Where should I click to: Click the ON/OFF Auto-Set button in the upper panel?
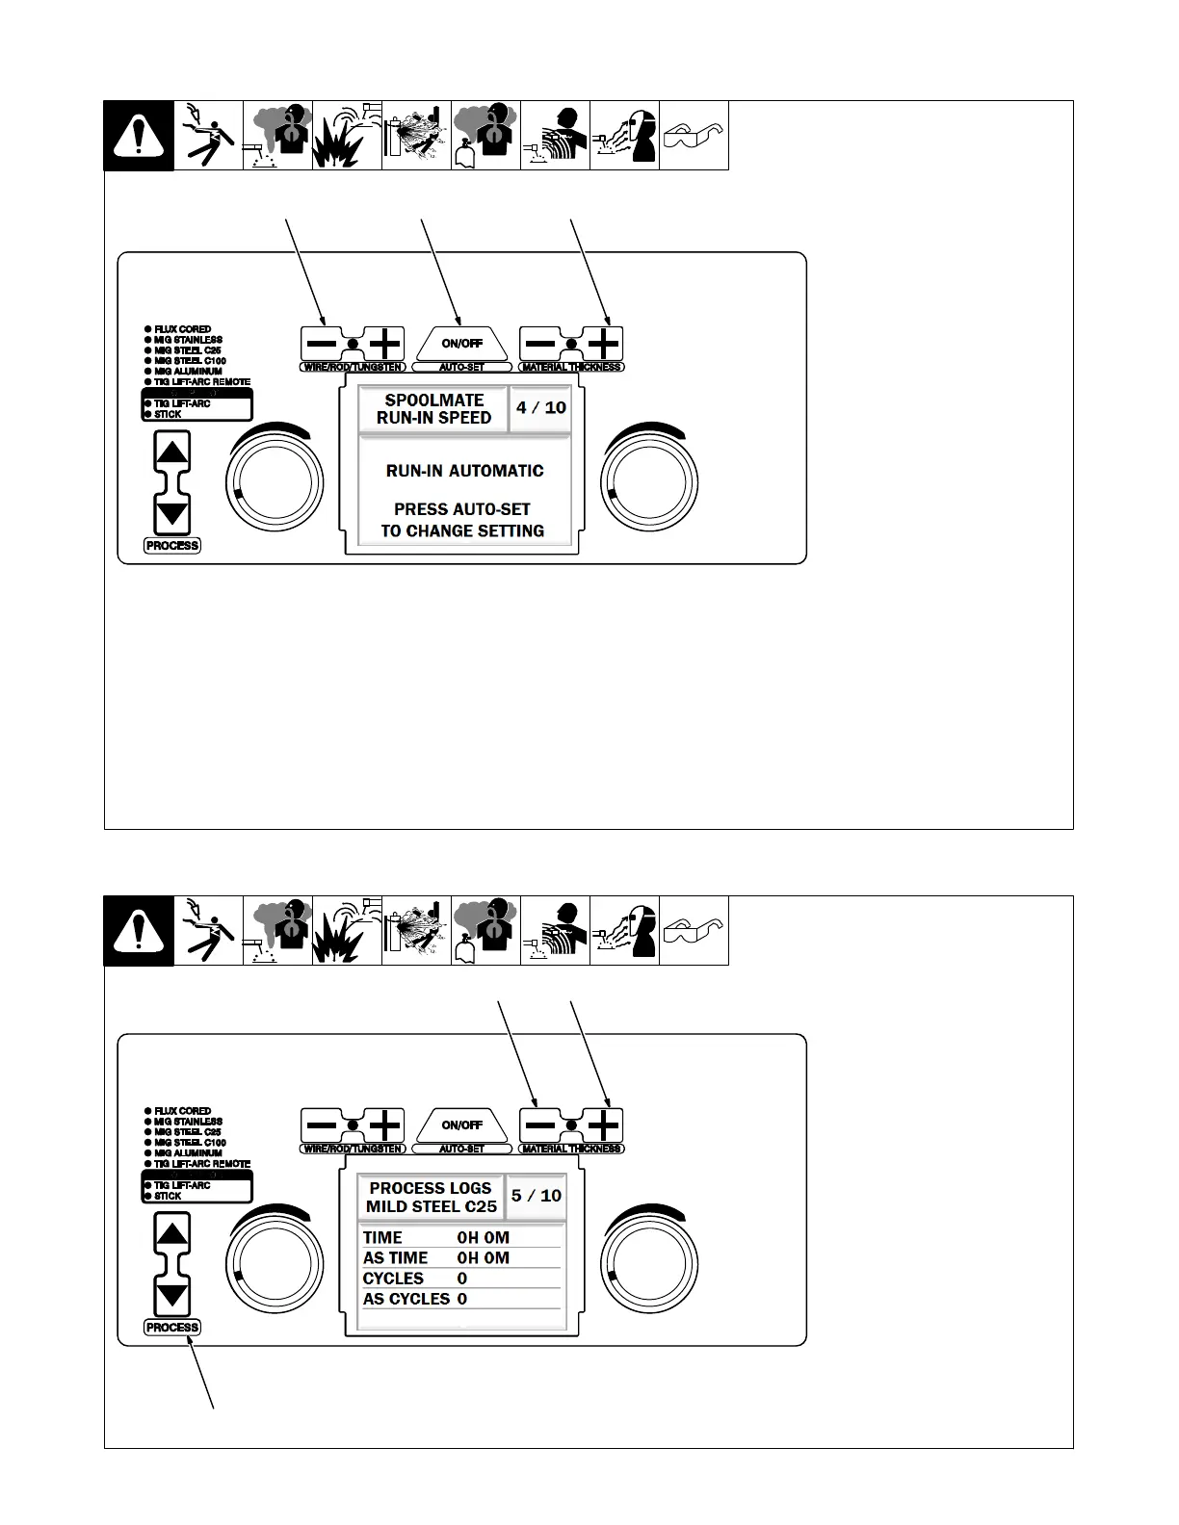coord(461,344)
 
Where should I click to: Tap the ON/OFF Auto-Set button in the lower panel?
coord(461,1125)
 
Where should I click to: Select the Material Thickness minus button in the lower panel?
coord(540,1125)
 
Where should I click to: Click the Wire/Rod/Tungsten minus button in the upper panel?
coord(322,344)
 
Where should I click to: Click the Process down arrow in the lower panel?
coord(172,1295)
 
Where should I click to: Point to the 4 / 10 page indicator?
coord(541,407)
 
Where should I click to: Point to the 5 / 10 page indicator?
coord(537,1196)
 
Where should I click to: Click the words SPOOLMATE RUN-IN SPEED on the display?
coord(434,409)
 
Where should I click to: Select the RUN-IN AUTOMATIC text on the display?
coord(464,471)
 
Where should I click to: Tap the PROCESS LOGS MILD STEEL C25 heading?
coord(432,1197)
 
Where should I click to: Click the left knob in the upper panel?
coord(274,482)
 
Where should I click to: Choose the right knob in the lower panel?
coord(649,1264)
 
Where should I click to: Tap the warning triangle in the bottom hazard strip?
coord(139,931)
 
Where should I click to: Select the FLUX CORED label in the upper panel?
coord(182,329)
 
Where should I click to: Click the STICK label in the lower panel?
coord(168,1196)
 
